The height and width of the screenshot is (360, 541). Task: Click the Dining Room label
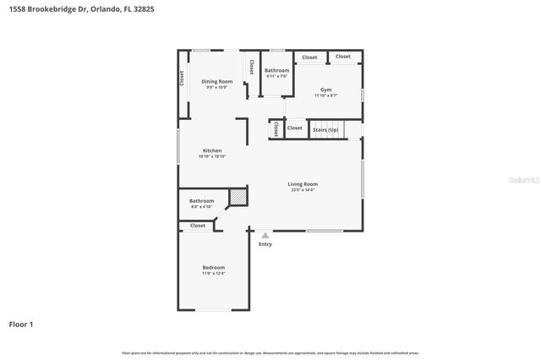(x=217, y=81)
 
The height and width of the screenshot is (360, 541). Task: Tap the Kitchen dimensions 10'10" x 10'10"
(x=212, y=156)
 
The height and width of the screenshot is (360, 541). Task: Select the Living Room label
(x=303, y=183)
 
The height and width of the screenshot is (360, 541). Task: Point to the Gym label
(x=325, y=90)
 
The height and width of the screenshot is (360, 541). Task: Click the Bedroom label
(x=213, y=267)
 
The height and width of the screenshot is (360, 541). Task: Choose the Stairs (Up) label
(x=325, y=129)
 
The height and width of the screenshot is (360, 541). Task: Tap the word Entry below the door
(x=265, y=244)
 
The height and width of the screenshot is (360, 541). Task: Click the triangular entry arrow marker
(x=265, y=236)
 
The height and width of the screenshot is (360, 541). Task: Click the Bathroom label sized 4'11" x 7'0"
(x=276, y=70)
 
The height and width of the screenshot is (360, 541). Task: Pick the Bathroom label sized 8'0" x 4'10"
(x=201, y=200)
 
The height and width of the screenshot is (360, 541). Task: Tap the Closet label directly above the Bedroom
(x=198, y=226)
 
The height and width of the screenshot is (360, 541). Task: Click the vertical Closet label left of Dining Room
(x=182, y=79)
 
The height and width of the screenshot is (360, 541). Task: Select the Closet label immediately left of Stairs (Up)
(x=294, y=128)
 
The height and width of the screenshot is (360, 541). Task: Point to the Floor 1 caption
(x=21, y=324)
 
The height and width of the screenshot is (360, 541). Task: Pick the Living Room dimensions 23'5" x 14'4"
(x=303, y=190)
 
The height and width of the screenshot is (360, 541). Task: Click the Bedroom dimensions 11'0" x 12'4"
(x=213, y=274)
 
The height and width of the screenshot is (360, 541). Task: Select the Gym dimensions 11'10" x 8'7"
(x=325, y=95)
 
